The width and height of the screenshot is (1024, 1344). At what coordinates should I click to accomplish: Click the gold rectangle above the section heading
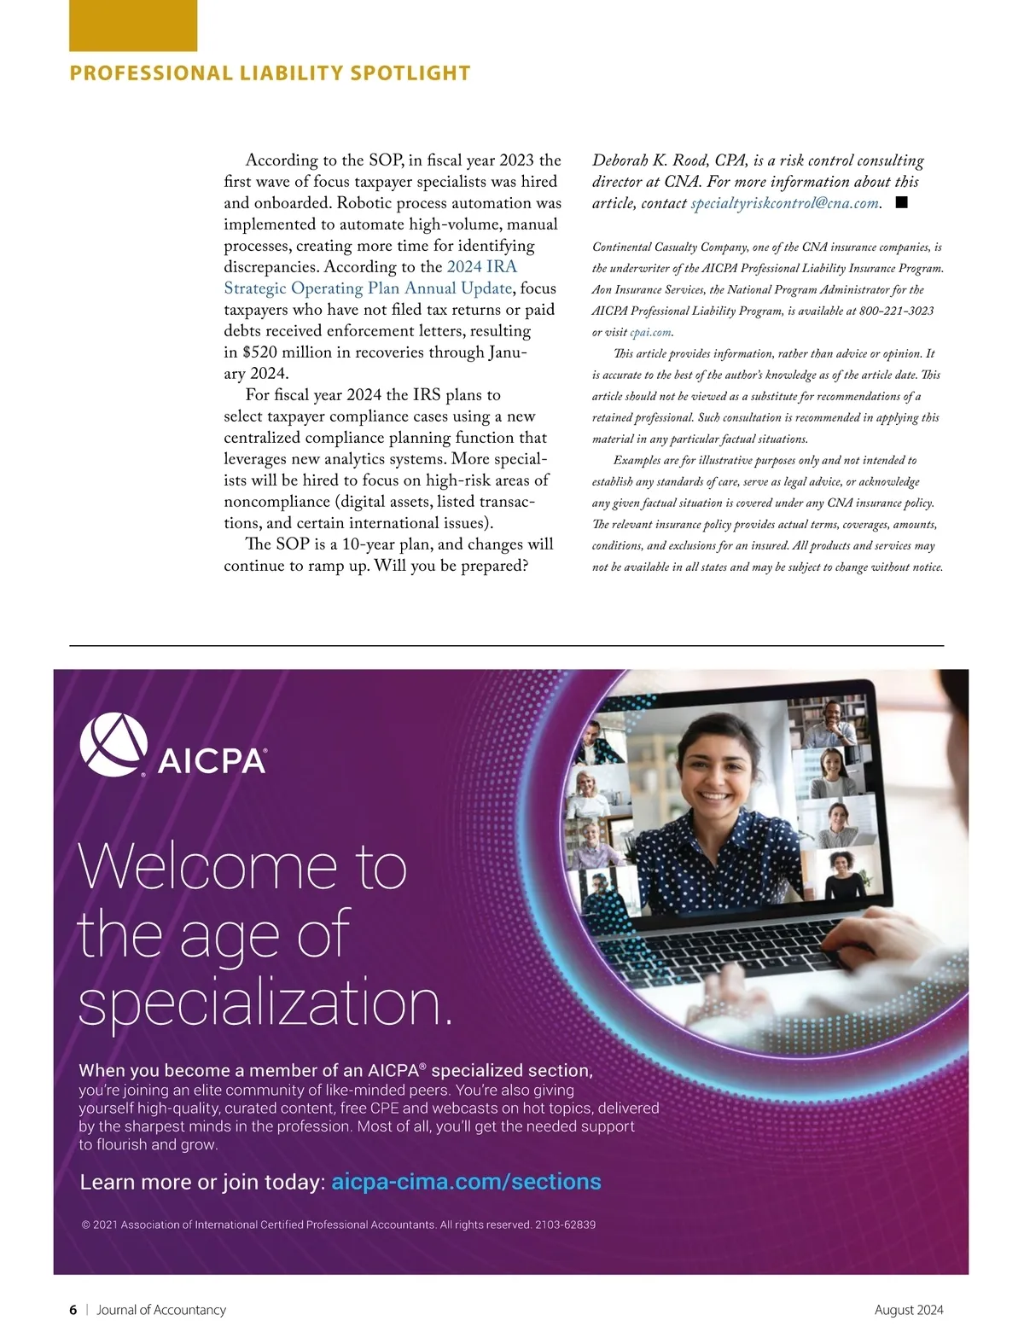point(132,26)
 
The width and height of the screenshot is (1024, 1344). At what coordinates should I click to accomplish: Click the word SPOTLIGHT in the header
point(410,73)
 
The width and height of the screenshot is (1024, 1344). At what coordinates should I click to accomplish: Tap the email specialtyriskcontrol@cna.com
point(784,203)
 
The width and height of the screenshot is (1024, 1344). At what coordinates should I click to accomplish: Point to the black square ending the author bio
point(901,202)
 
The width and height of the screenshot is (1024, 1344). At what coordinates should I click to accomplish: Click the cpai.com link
point(650,333)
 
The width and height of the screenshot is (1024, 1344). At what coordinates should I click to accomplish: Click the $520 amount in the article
point(259,352)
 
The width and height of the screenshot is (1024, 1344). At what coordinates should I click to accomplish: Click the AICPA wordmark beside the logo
point(212,760)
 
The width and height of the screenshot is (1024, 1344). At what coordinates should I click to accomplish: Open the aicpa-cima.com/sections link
point(466,1182)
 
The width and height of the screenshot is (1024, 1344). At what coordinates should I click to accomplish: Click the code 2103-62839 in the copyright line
point(565,1225)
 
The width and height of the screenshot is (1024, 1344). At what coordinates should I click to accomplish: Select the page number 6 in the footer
point(73,1310)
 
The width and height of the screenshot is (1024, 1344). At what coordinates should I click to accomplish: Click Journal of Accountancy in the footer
point(161,1310)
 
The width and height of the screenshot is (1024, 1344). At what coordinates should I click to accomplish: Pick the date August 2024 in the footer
point(909,1310)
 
